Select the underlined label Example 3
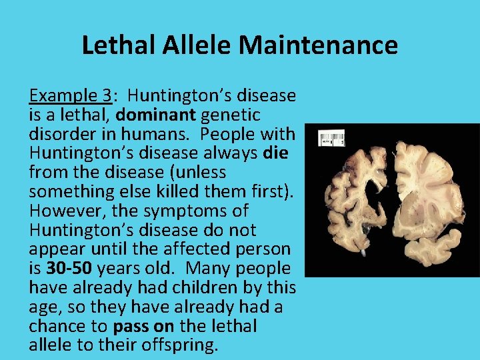coord(69,96)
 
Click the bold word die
coord(275,153)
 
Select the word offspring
coord(179,346)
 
